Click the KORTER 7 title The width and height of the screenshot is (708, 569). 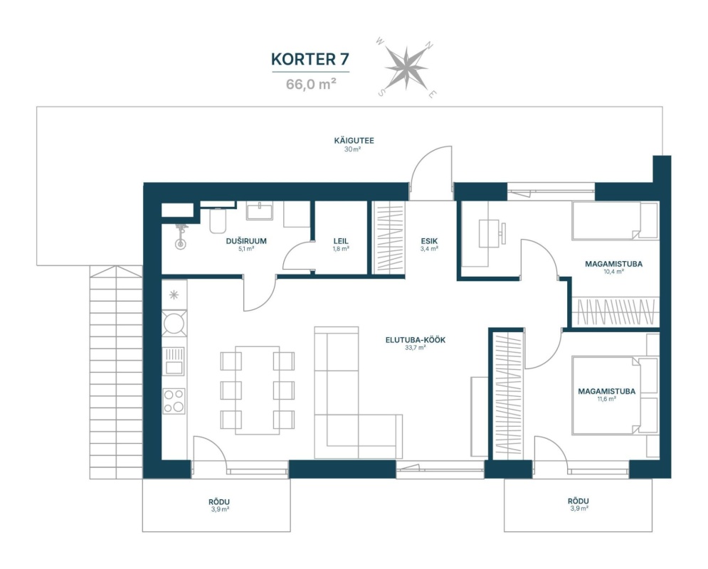[x=310, y=60]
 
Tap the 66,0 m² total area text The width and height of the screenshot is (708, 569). [x=311, y=84]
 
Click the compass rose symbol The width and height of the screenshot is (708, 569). [x=406, y=68]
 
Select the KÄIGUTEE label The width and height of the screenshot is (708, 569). [x=354, y=140]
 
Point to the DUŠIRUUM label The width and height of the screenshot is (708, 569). [x=246, y=241]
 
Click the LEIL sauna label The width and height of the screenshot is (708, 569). [x=341, y=241]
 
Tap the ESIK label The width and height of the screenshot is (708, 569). [x=429, y=241]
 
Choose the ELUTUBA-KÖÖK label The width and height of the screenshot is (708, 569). [x=416, y=340]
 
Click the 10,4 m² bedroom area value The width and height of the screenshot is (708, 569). [x=613, y=272]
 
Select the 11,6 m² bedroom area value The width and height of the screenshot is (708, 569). [x=606, y=399]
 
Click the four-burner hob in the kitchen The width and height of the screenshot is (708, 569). [x=174, y=401]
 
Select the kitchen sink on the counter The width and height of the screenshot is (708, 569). [x=174, y=361]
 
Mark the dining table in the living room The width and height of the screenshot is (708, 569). [x=258, y=390]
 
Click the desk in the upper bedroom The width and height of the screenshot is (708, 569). [x=489, y=233]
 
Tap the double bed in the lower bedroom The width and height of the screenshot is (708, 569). [x=606, y=395]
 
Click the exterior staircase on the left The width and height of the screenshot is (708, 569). [x=116, y=372]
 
